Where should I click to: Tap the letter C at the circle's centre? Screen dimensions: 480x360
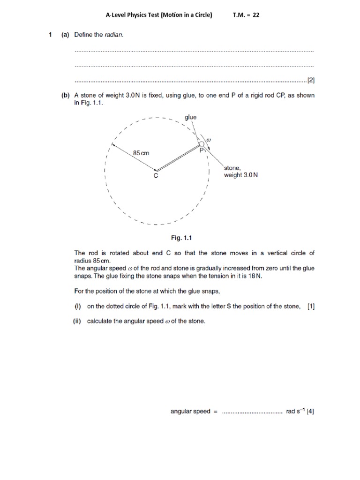156,176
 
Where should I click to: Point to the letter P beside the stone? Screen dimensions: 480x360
202,151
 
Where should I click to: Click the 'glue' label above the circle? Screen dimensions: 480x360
191,117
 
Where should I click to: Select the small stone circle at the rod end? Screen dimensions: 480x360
202,144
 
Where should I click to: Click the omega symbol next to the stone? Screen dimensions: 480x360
209,139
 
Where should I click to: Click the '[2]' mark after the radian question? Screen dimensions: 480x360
310,80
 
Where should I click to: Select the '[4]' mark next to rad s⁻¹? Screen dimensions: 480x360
310,412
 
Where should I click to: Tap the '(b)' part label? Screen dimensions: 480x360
66,95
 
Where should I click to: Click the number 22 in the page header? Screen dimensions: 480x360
256,15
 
